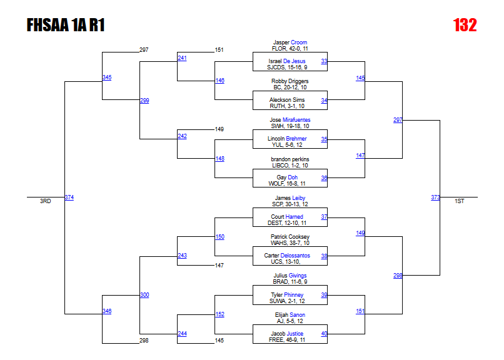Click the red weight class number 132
(x=465, y=25)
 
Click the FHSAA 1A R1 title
(x=66, y=25)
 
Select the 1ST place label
(x=460, y=201)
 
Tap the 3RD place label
(x=45, y=201)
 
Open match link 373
(x=435, y=197)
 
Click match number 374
(x=69, y=197)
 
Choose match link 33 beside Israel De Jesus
(x=324, y=61)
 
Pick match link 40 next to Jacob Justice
(x=324, y=334)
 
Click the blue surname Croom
(x=299, y=42)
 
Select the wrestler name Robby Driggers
(x=290, y=81)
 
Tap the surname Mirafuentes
(x=296, y=120)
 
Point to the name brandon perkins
(x=290, y=159)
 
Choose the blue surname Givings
(x=298, y=276)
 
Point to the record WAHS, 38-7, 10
(x=290, y=242)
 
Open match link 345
(x=107, y=77)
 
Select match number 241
(x=182, y=58)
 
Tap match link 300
(x=144, y=295)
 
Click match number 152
(x=219, y=314)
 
